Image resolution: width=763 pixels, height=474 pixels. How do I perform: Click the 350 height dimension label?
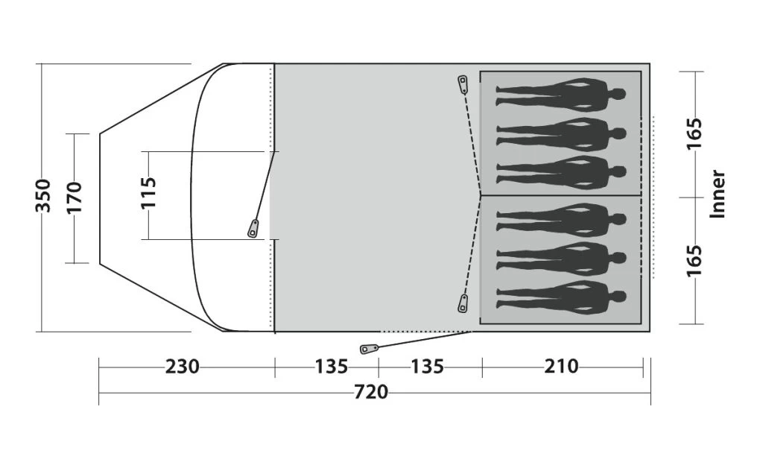click(x=44, y=196)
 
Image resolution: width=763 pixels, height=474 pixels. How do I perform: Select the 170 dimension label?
click(x=75, y=197)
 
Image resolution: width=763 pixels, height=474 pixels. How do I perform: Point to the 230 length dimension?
click(x=182, y=367)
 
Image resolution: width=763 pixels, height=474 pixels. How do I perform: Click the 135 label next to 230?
click(x=331, y=367)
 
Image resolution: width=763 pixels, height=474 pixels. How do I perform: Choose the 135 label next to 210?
click(x=427, y=367)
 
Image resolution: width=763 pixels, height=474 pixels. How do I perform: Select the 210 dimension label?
click(x=561, y=367)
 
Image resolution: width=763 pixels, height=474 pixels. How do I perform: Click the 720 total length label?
click(x=371, y=391)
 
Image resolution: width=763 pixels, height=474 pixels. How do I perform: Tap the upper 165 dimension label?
click(x=694, y=134)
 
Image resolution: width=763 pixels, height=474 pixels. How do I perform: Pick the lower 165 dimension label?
click(x=694, y=260)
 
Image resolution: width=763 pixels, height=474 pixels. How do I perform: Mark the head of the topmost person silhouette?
click(x=618, y=94)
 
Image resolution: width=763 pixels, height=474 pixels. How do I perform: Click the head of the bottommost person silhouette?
click(x=618, y=297)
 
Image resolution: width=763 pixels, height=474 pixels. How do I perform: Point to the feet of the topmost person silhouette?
click(x=500, y=94)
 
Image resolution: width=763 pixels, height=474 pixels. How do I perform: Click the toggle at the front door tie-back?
click(x=253, y=228)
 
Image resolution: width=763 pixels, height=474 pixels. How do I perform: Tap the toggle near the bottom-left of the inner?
click(x=463, y=303)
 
